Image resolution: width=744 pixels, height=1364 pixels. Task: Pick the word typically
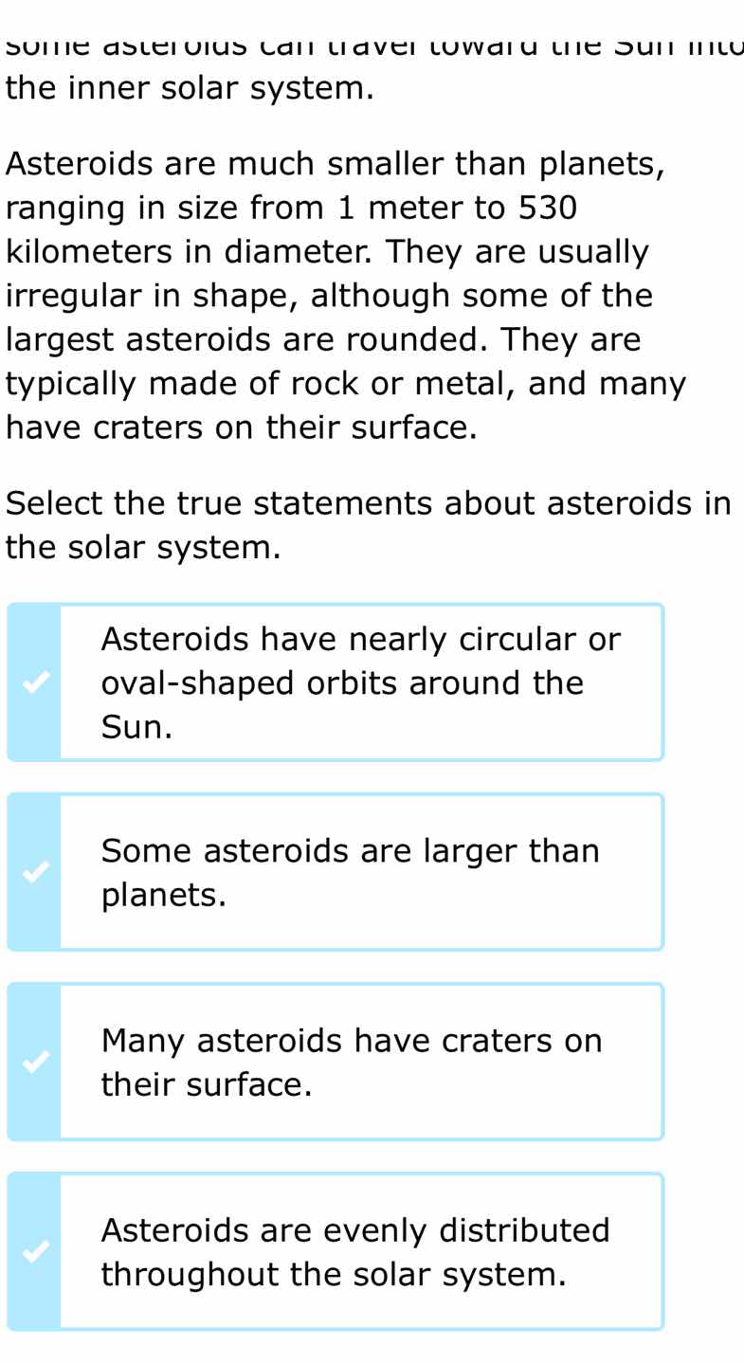pyautogui.click(x=71, y=385)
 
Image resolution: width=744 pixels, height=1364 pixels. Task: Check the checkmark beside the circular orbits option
pyautogui.click(x=33, y=682)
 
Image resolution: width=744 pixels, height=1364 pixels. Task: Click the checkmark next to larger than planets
pyautogui.click(x=33, y=872)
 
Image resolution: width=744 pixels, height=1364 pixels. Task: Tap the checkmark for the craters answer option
pyautogui.click(x=33, y=1062)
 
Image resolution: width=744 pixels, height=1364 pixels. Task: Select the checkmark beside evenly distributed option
pyautogui.click(x=33, y=1251)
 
